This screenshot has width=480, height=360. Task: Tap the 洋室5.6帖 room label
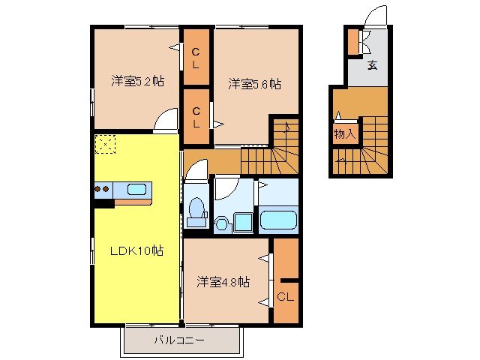(x=254, y=85)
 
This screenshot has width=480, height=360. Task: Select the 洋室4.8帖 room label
(x=223, y=282)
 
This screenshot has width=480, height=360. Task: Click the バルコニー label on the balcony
(x=180, y=340)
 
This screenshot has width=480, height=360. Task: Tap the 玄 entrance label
(x=372, y=64)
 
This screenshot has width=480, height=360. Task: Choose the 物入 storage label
(x=344, y=135)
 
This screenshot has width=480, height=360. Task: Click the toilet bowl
(x=196, y=209)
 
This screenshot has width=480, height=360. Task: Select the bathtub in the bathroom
(x=278, y=221)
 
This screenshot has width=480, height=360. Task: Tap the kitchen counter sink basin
(x=136, y=189)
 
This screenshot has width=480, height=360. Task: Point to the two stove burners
(x=103, y=189)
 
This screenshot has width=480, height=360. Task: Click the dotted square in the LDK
(x=105, y=143)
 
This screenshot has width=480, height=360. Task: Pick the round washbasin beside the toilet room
(x=223, y=223)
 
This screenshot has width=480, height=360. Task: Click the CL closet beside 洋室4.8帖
(x=286, y=296)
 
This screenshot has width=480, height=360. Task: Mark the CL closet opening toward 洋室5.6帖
(x=196, y=118)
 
